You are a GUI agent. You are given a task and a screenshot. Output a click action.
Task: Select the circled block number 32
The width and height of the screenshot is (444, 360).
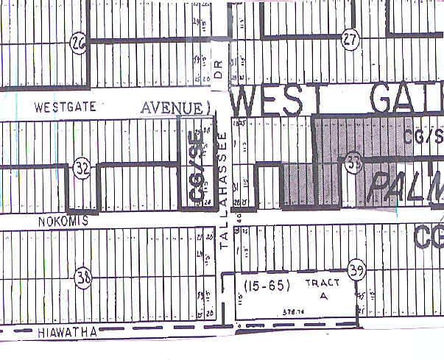(82, 171)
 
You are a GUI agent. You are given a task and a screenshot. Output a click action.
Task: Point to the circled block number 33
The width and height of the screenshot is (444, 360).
(353, 165)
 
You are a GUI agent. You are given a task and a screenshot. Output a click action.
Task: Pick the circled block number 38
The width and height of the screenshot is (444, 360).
(82, 278)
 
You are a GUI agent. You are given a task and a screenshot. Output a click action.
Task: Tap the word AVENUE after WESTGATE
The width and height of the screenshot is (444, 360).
(173, 107)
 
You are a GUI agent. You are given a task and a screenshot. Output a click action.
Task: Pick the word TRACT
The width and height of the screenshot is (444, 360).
(318, 283)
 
